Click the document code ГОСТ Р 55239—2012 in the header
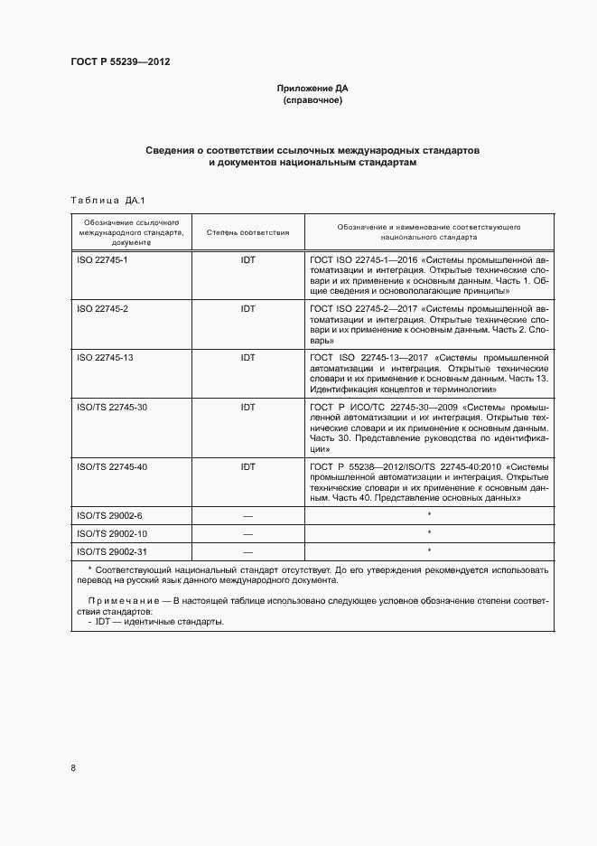click(121, 62)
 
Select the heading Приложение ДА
click(312, 89)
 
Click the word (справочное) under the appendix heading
click(312, 100)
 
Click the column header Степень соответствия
click(247, 232)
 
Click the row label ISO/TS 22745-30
click(112, 408)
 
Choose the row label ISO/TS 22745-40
click(112, 467)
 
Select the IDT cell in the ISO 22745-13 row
click(247, 358)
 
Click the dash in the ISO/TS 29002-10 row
click(247, 533)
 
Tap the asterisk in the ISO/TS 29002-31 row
click(429, 550)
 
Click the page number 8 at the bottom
click(73, 768)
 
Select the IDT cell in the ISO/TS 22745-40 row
click(247, 467)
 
